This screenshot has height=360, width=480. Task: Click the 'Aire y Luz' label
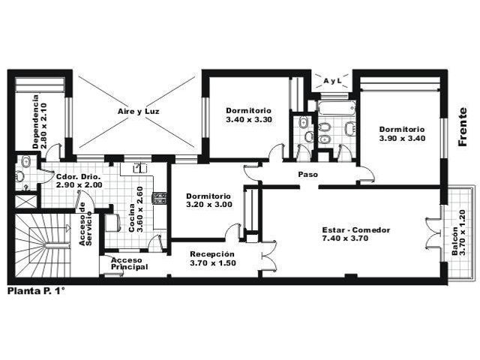[138, 112]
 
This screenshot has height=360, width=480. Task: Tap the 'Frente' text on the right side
[463, 127]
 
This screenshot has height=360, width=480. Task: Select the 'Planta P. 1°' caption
[36, 291]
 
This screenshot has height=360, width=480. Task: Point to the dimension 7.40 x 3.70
[345, 238]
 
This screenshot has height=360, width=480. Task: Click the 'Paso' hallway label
[308, 175]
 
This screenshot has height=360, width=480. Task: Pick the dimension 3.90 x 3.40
[402, 138]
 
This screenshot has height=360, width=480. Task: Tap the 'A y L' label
[332, 81]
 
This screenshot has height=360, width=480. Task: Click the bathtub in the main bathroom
[337, 108]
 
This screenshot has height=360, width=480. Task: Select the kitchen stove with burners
[160, 198]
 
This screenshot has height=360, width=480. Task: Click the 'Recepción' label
[212, 254]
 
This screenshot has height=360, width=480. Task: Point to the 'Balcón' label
[455, 241]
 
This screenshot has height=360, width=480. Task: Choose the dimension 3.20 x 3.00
[209, 205]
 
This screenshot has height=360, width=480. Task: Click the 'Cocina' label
[132, 217]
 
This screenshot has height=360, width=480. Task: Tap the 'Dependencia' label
[36, 121]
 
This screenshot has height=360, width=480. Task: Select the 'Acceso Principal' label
[129, 263]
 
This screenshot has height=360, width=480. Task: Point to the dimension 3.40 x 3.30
[249, 120]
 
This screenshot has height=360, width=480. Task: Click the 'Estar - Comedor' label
[356, 230]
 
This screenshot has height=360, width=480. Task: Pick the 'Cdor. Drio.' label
[78, 177]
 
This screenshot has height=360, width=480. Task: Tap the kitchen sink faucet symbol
[140, 168]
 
